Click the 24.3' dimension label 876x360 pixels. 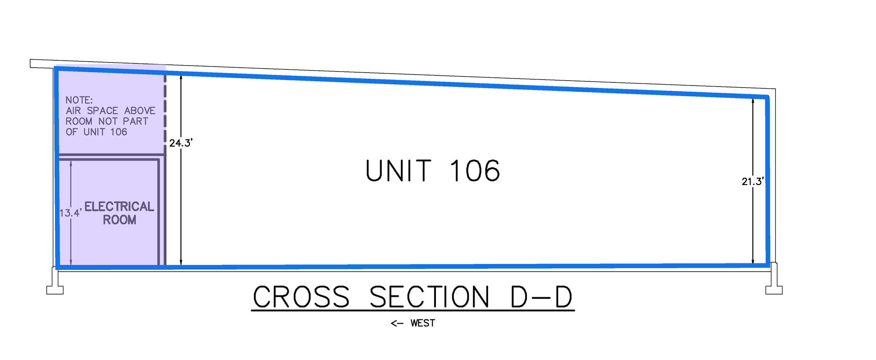(181, 143)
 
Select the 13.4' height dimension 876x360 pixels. (70, 213)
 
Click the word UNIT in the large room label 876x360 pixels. (398, 171)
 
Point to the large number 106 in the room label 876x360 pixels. (475, 171)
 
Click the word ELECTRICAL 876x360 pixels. (119, 206)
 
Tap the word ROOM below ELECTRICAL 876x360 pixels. (119, 220)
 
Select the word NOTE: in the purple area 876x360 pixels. (79, 100)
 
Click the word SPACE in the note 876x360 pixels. (102, 111)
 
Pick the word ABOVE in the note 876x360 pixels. (140, 111)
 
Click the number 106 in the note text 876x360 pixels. (119, 132)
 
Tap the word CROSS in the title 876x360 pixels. (301, 297)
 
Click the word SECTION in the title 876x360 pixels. (429, 297)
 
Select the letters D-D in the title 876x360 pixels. (541, 297)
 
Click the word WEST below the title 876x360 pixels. (423, 323)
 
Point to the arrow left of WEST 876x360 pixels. (397, 324)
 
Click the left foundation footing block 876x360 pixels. (55, 290)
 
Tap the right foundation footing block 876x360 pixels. (774, 290)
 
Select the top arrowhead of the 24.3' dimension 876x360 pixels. (181, 77)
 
